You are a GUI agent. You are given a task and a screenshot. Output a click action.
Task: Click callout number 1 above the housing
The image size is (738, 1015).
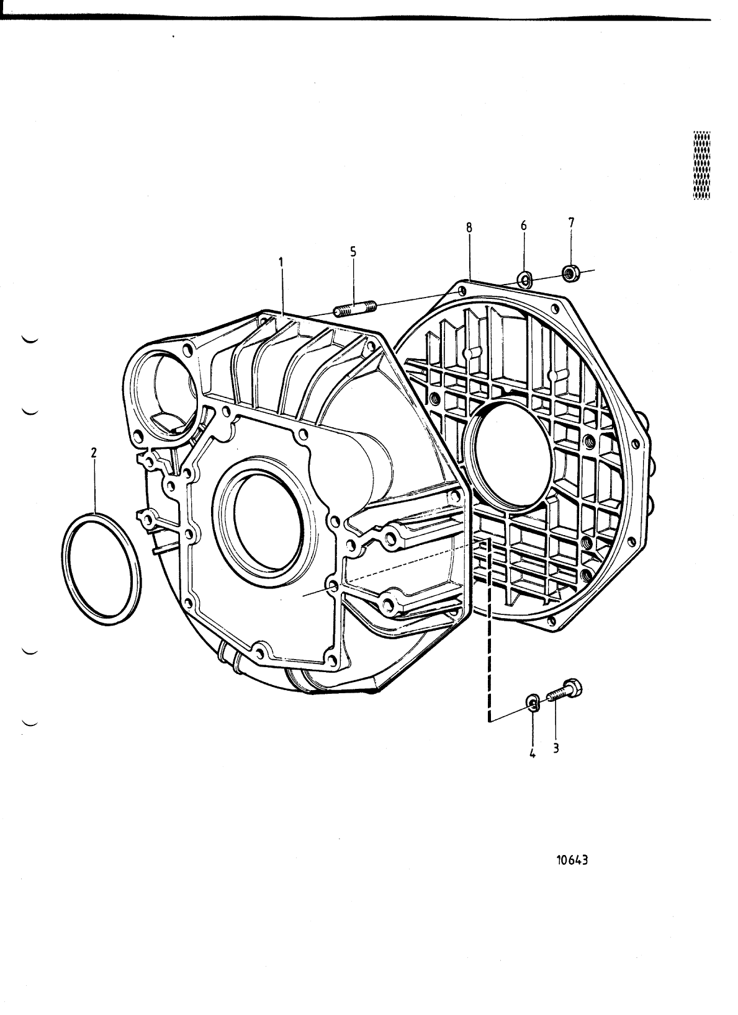281,263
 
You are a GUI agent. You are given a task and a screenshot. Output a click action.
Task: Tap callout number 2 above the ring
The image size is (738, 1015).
94,453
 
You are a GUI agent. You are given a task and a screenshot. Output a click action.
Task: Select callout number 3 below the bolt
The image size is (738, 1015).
556,748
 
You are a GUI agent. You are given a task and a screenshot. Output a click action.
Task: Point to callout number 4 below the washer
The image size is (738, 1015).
532,754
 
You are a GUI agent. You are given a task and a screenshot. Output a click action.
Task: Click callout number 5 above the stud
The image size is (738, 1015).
353,252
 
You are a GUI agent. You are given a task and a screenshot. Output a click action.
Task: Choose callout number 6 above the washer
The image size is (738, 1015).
523,225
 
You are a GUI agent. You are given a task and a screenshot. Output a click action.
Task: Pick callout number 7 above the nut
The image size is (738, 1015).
571,221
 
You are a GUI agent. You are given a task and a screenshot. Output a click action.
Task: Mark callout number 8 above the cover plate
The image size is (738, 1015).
469,228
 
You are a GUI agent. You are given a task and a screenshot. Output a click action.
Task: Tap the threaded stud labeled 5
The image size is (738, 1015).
355,308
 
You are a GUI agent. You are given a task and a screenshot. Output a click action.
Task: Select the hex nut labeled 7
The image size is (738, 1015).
570,272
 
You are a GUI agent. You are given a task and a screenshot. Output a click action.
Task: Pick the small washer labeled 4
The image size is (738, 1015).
532,702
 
